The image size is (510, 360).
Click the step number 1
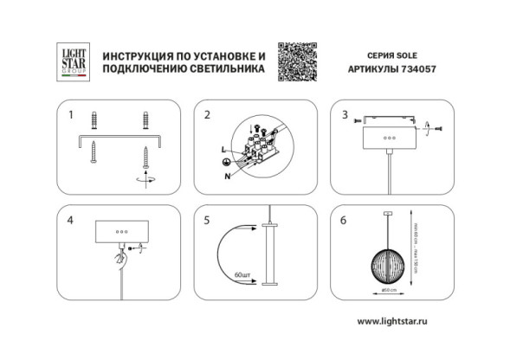point(70,114)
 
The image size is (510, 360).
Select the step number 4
point(70,220)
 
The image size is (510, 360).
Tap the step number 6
point(344,220)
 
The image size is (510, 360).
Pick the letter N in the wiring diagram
point(229,176)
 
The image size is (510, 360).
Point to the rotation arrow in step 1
point(141,178)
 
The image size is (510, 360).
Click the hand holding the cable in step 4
point(119,256)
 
